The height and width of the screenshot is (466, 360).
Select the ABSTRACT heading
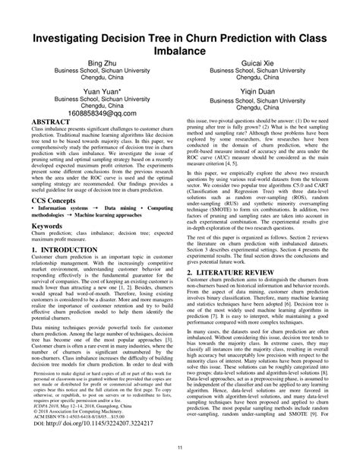(x=52, y=122)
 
